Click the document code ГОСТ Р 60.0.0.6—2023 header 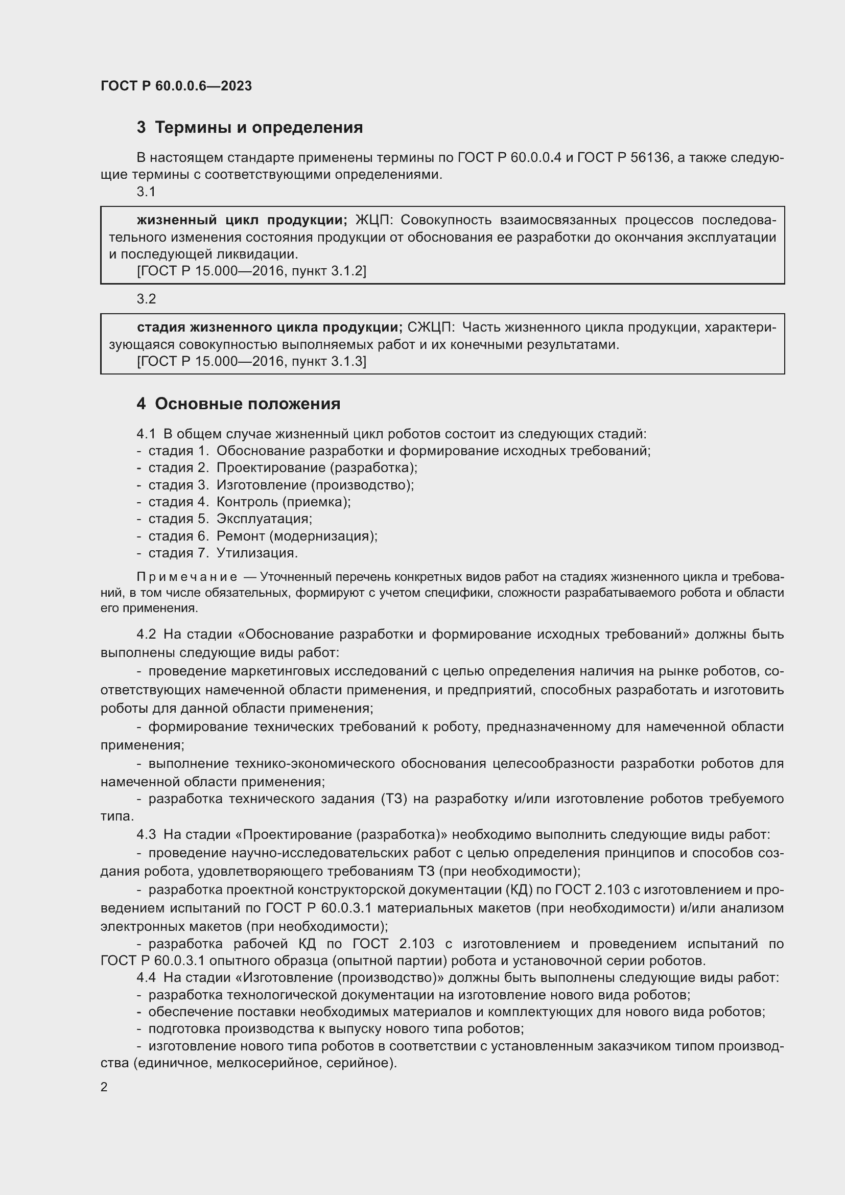point(176,86)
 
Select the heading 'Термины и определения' point(259,128)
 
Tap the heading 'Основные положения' point(247,404)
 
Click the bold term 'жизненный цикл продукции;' point(242,220)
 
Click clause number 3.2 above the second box point(146,299)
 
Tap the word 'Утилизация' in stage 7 point(256,553)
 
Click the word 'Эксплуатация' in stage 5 point(264,519)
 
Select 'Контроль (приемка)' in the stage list point(283,502)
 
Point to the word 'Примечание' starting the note point(187,577)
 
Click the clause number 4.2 point(146,634)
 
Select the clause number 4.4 point(146,977)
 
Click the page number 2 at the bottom point(104,1087)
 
